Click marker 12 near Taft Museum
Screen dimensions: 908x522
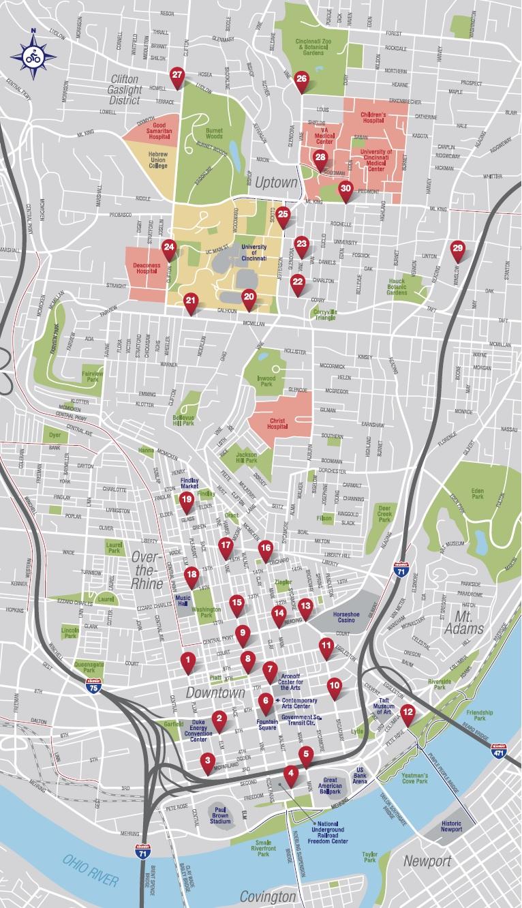click(408, 714)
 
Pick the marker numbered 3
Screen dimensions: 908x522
click(207, 761)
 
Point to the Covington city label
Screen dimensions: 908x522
click(268, 896)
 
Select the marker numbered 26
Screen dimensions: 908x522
click(302, 80)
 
